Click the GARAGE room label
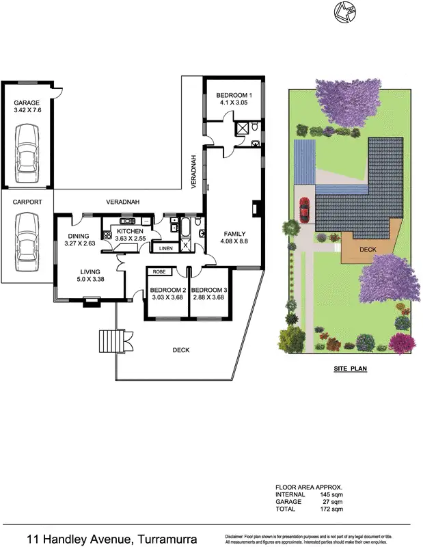pos(27,103)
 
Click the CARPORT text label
pos(27,202)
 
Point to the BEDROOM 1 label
pos(234,94)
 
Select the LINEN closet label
pos(166,248)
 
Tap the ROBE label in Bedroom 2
pos(159,272)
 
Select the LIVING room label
pos(90,271)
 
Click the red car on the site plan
pos(304,209)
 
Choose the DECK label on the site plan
pos(368,250)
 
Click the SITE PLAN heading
pos(351,368)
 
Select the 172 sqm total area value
pos(333,509)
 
